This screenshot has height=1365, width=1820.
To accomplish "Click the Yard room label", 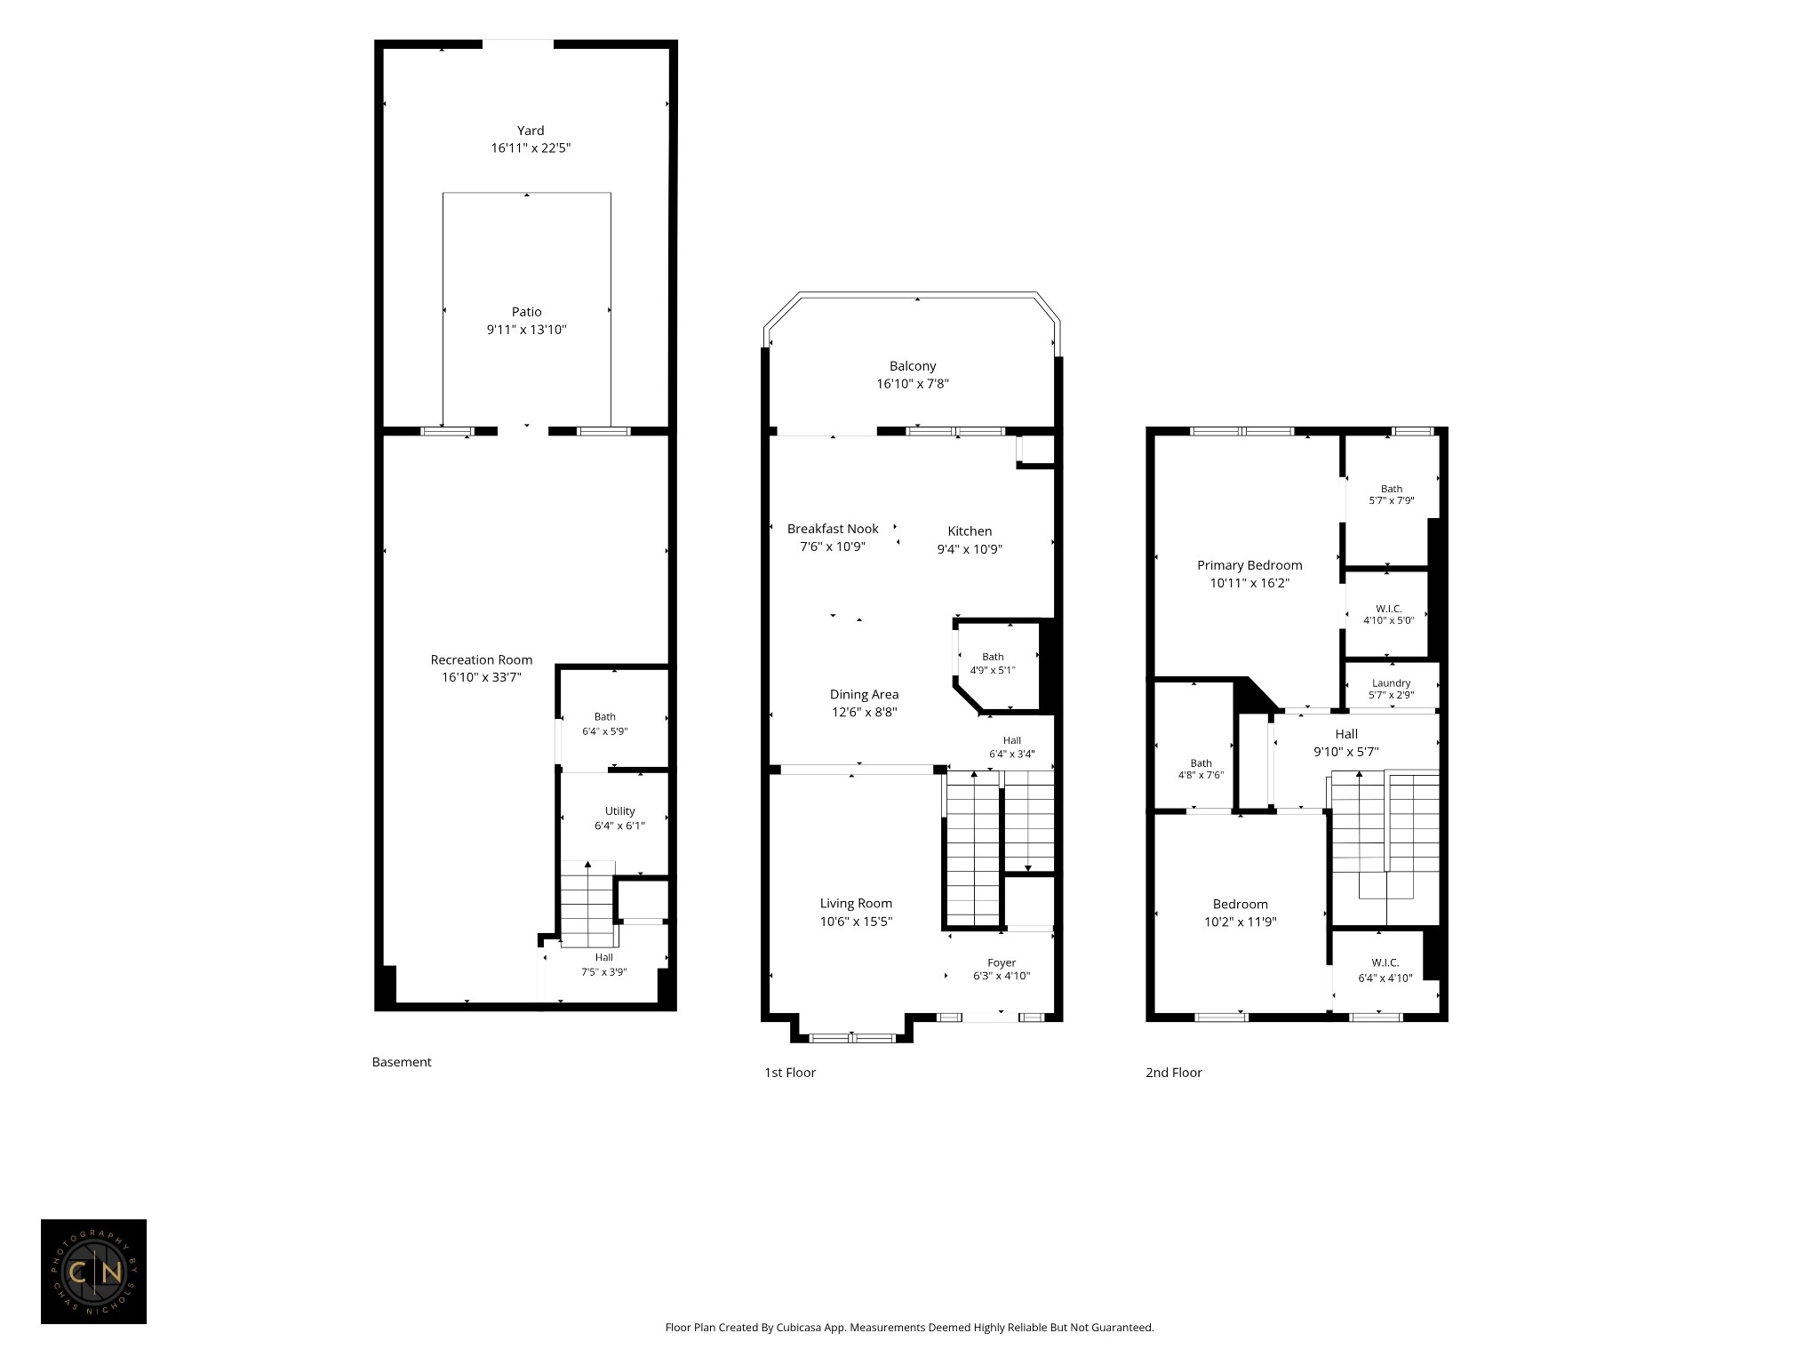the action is click(531, 131).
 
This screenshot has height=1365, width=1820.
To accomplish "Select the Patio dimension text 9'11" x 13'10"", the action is click(526, 330).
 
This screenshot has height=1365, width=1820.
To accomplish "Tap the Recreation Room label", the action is click(482, 659).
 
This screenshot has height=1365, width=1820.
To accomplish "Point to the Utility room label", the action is click(620, 811).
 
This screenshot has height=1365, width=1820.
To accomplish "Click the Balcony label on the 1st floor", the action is click(913, 366).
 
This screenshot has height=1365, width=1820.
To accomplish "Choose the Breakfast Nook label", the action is click(833, 529).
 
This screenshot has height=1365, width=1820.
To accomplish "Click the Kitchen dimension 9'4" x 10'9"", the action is click(970, 549).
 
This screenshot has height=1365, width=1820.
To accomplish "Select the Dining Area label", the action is click(864, 694).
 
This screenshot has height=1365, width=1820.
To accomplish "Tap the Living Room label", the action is click(856, 904).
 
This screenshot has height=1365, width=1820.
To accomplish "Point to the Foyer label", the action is click(1002, 963).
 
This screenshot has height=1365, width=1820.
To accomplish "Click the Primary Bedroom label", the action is click(1249, 565).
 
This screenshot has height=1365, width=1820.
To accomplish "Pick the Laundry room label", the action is click(1391, 683).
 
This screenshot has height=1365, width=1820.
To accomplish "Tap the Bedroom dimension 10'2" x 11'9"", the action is click(1241, 922).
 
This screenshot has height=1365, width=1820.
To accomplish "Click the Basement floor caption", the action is click(402, 1062).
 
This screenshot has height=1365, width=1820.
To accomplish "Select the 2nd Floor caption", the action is click(1174, 1073).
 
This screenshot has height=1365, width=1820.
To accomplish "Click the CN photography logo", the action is click(93, 1272).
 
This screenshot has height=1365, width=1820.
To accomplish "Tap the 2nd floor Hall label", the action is click(1346, 734).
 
